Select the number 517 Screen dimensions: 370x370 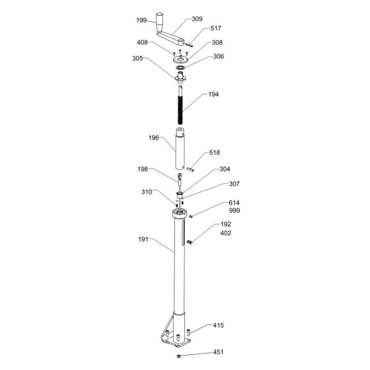tap(215, 28)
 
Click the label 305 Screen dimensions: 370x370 tap(137, 57)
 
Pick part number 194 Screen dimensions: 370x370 tap(213, 94)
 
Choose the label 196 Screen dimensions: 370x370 tap(154, 138)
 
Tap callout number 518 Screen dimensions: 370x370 tap(215, 153)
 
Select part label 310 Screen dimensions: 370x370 tap(146, 192)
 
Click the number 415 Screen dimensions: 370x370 tap(218, 326)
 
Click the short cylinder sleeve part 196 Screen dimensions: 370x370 tap(180, 149)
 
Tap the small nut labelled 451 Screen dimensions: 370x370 tap(180, 357)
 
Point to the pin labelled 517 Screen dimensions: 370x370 tap(189, 44)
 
